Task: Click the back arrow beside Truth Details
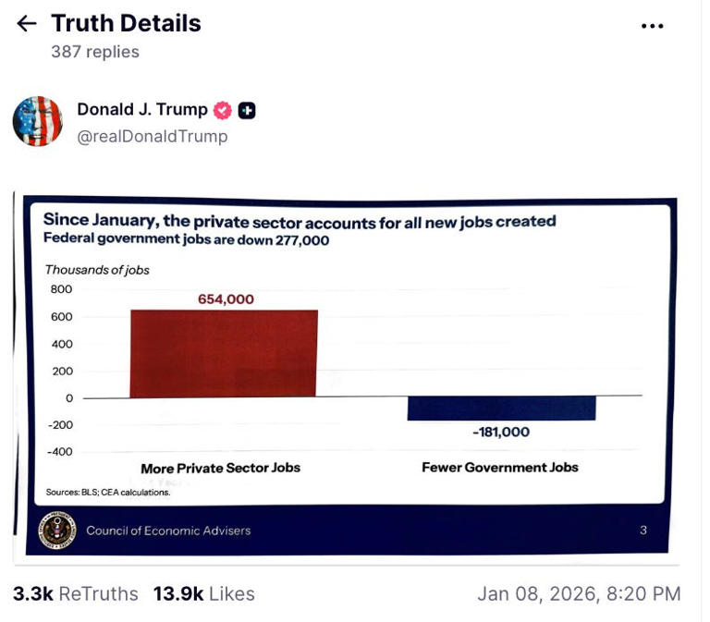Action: click(x=27, y=23)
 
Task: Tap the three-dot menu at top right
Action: click(x=652, y=26)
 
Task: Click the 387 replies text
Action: click(x=94, y=52)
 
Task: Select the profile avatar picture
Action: click(x=37, y=121)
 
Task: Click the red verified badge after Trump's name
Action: click(x=223, y=110)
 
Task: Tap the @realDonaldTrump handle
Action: click(x=152, y=136)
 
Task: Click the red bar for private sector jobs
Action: click(x=224, y=353)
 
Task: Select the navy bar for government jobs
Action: click(x=501, y=408)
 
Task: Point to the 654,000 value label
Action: click(x=226, y=299)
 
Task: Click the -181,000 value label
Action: click(x=500, y=432)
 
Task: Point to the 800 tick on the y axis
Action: click(x=61, y=289)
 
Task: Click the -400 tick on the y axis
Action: click(x=59, y=451)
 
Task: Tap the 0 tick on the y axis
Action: click(x=67, y=397)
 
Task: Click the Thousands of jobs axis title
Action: click(x=97, y=270)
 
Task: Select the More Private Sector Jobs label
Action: click(x=220, y=468)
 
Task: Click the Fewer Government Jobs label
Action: click(x=499, y=467)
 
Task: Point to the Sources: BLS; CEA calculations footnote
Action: click(x=107, y=493)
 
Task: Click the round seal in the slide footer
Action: click(x=57, y=530)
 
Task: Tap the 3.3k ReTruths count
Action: click(x=75, y=593)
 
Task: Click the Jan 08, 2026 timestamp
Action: click(x=578, y=593)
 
